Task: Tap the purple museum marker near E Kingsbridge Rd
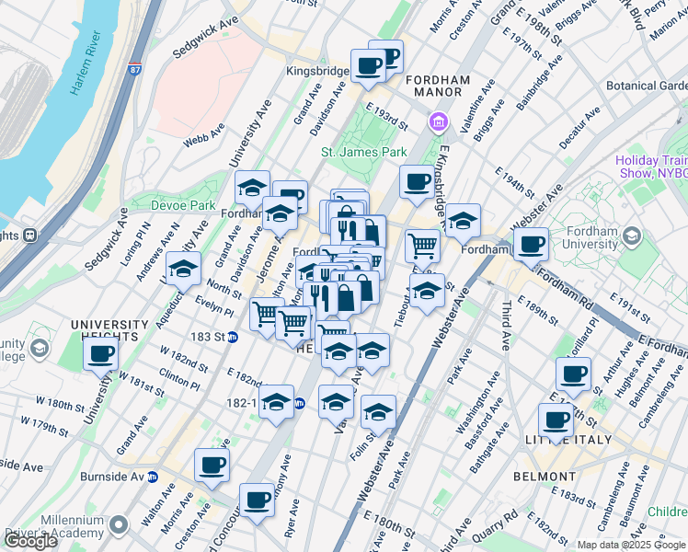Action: tap(438, 121)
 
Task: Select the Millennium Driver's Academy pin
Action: tap(117, 525)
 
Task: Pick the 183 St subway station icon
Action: tap(233, 337)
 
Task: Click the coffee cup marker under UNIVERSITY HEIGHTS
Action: tap(101, 353)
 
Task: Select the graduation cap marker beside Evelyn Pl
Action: tap(183, 270)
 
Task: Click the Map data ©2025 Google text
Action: tap(629, 545)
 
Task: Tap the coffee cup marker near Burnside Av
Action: tap(212, 466)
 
